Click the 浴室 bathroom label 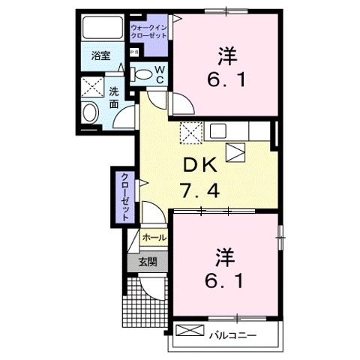pyautogui.click(x=100, y=55)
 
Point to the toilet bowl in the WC pyautogui.click(x=142, y=73)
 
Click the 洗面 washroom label pyautogui.click(x=114, y=98)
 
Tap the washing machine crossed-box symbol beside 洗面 pyautogui.click(x=93, y=86)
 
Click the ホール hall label pyautogui.click(x=154, y=238)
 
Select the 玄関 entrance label pyautogui.click(x=147, y=262)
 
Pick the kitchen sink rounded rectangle pyautogui.click(x=218, y=130)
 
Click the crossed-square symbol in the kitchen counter pyautogui.click(x=190, y=132)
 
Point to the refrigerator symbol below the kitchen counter pyautogui.click(x=236, y=151)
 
